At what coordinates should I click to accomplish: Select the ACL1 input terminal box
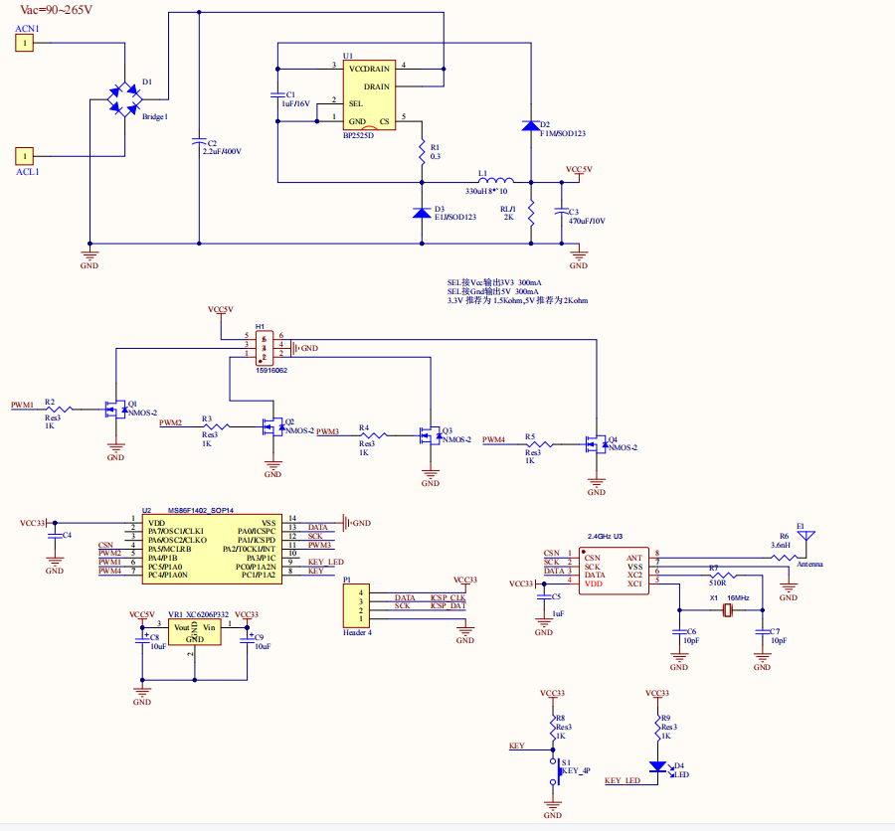click(x=25, y=156)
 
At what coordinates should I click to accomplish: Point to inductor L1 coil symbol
click(x=492, y=181)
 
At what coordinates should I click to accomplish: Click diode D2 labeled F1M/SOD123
click(x=531, y=126)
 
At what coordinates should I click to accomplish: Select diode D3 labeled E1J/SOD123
click(x=422, y=212)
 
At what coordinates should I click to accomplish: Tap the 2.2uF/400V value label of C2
click(x=222, y=151)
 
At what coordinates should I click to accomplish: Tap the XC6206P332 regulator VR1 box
click(x=195, y=631)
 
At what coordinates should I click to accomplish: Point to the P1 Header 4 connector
click(x=354, y=605)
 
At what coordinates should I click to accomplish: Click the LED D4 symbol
click(x=656, y=767)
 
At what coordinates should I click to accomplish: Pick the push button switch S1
click(x=553, y=771)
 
